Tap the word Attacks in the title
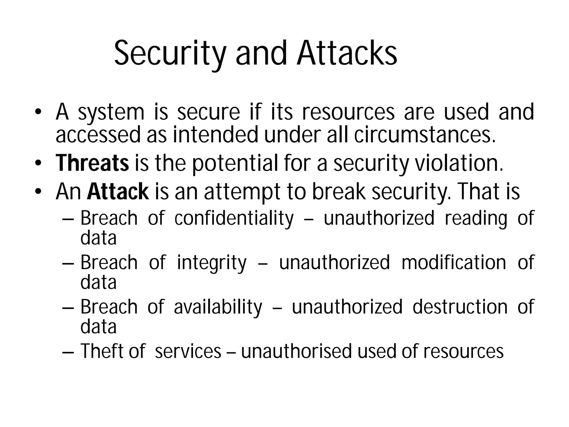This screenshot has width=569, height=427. coord(347,53)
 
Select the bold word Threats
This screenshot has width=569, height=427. coord(92,163)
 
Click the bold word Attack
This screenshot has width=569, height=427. coord(118,192)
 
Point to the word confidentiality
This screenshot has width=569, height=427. coord(234,218)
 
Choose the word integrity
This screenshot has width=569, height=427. coord(212,263)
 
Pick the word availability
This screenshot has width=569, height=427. coord(218,307)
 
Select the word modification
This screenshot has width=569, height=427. coord(454,263)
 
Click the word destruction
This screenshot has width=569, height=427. coord(460,307)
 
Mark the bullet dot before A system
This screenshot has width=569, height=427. coord(38,112)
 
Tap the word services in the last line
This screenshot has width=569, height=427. coord(188,351)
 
